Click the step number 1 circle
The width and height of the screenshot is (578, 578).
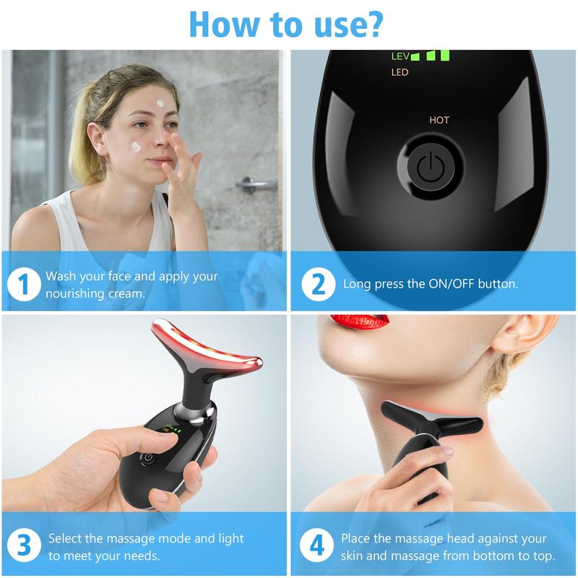(x=24, y=284)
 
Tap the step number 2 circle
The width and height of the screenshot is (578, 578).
(x=318, y=284)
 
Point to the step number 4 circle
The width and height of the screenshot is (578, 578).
(x=316, y=545)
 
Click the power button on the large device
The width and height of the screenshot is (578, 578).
(x=431, y=168)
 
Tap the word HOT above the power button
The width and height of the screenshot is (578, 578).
(x=439, y=120)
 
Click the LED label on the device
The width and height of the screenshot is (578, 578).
(x=400, y=72)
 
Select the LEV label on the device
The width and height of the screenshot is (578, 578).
(x=400, y=56)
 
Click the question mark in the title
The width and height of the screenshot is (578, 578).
(x=374, y=25)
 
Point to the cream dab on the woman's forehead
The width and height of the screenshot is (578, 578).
(x=160, y=103)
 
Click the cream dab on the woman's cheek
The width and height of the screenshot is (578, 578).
(x=136, y=147)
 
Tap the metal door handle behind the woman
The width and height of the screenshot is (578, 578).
(x=256, y=184)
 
